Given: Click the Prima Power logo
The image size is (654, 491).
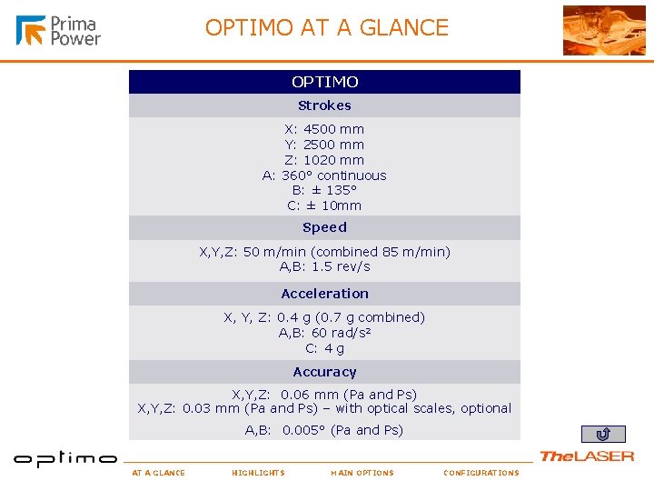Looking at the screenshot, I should [58, 30].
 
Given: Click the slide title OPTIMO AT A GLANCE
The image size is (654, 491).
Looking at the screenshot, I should [327, 27].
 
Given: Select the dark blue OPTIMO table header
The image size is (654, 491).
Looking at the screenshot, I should [324, 82].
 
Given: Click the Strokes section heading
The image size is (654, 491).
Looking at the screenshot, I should [324, 105].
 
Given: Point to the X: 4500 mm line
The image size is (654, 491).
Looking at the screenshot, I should [324, 129].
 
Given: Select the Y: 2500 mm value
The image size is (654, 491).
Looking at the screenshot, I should [324, 145].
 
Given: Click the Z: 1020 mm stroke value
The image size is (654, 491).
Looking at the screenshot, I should [324, 160].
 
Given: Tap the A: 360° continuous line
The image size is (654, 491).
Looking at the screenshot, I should [324, 175].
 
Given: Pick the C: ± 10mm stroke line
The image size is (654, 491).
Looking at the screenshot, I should [324, 205].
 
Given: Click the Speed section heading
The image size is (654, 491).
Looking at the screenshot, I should [324, 227].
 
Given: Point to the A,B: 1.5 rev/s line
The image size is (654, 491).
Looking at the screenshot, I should [324, 266].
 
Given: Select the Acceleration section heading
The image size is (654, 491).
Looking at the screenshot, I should [324, 294].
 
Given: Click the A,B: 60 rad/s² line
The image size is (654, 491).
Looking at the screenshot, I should [324, 333].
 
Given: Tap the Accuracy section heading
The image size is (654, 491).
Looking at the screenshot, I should [324, 372].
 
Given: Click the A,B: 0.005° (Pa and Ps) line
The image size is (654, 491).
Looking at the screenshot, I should [324, 430].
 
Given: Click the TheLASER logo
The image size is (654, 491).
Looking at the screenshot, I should [587, 456].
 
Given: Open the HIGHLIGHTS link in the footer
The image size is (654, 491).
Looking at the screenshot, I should [258, 473].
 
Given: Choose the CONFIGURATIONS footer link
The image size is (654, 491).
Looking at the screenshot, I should [481, 473].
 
